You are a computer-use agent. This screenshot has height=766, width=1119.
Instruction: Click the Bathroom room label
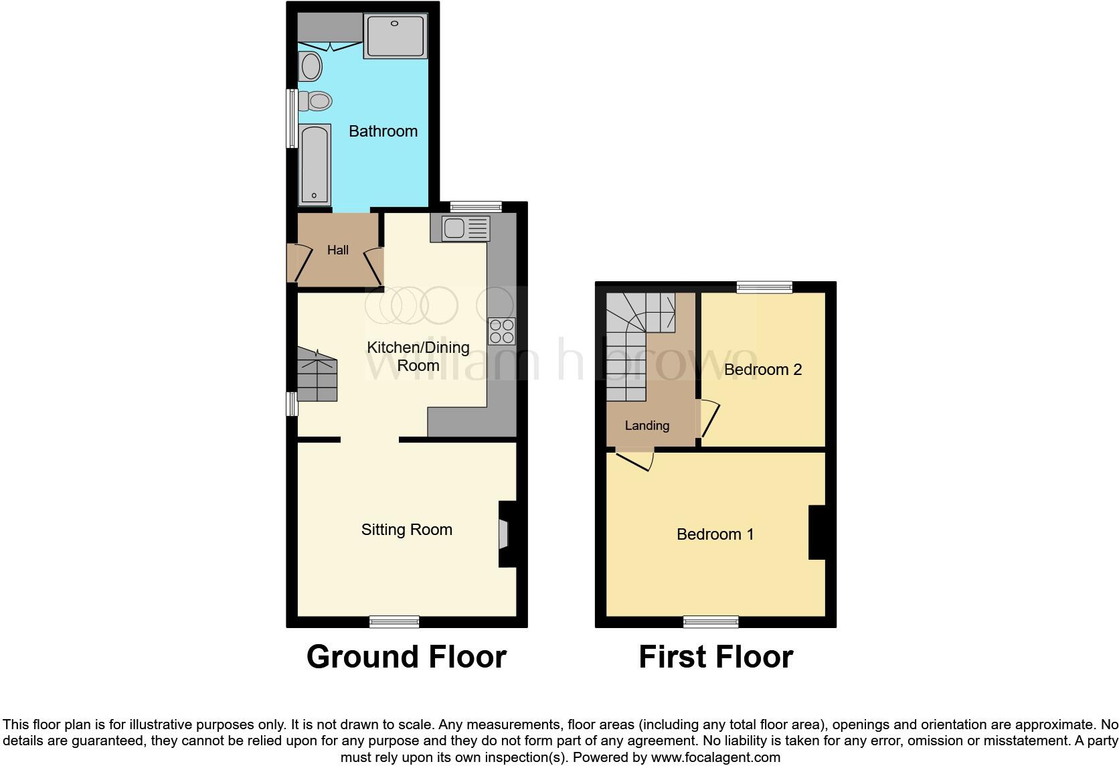(383, 131)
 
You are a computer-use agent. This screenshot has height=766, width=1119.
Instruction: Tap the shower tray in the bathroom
(396, 36)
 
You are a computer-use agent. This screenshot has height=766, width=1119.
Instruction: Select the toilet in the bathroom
(316, 101)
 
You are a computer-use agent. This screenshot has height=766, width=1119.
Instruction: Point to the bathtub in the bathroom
(315, 164)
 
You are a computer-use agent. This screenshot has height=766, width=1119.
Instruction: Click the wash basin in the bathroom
(311, 67)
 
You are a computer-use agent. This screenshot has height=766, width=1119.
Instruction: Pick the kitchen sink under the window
(465, 228)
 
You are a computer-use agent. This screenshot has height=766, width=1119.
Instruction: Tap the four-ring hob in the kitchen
(502, 331)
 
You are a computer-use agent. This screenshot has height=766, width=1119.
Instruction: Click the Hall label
(337, 250)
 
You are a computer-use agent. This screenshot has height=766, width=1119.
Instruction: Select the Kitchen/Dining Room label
(418, 356)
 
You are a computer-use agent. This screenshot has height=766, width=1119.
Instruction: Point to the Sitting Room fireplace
(506, 534)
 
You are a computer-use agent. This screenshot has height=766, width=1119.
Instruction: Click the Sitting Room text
(406, 530)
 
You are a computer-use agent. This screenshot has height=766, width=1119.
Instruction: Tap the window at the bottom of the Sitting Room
(395, 622)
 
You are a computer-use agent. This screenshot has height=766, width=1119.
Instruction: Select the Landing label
(647, 426)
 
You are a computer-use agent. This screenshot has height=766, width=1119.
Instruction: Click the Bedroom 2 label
(762, 370)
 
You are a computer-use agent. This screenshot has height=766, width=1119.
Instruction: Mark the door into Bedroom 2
(707, 418)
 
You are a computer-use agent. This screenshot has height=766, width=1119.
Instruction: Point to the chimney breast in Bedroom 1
(817, 532)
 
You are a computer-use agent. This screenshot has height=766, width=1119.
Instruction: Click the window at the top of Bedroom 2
(764, 287)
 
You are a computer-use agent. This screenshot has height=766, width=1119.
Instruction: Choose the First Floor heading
(715, 657)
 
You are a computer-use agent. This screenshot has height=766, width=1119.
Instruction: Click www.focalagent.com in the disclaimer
(715, 758)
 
